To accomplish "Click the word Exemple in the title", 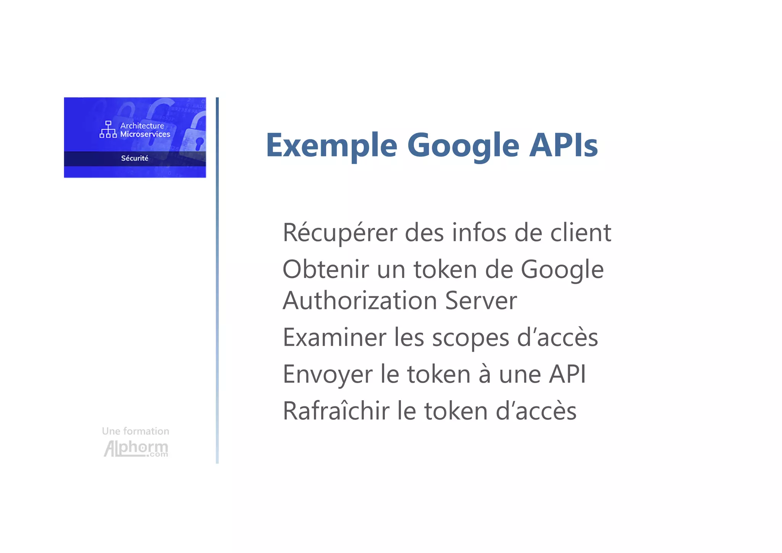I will [x=331, y=146].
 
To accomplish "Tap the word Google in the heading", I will [x=463, y=146].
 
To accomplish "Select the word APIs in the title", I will [x=563, y=145].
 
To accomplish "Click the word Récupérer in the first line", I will [x=339, y=233].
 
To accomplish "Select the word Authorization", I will [x=360, y=301].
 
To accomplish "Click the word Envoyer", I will [x=328, y=375].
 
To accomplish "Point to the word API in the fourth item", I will [x=567, y=374].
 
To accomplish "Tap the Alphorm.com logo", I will [x=136, y=448].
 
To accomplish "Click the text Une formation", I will [x=136, y=431].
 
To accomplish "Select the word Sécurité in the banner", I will [x=135, y=158].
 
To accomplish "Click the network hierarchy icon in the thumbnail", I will [x=108, y=129].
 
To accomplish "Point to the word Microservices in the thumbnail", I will [x=145, y=134].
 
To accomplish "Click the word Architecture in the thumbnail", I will [x=142, y=126].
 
